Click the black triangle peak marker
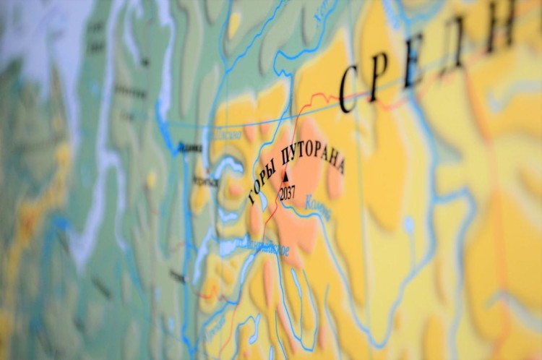[285, 176]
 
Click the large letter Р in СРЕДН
[379, 76]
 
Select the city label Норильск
[205, 181]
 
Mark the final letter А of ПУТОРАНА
[339, 168]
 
